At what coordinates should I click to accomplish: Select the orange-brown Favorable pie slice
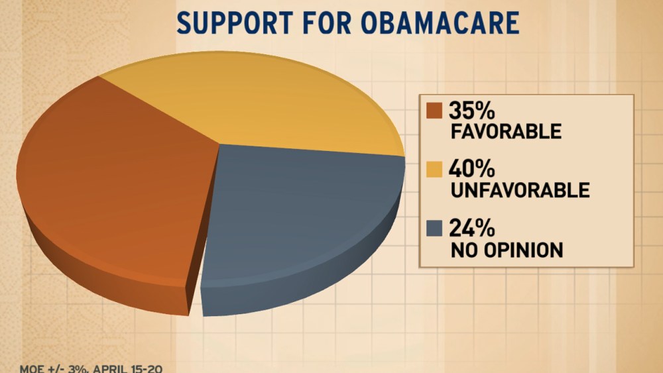pos(113,179)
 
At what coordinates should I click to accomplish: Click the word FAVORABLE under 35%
pos(505,131)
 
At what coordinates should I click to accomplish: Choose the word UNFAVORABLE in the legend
pos(520,191)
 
